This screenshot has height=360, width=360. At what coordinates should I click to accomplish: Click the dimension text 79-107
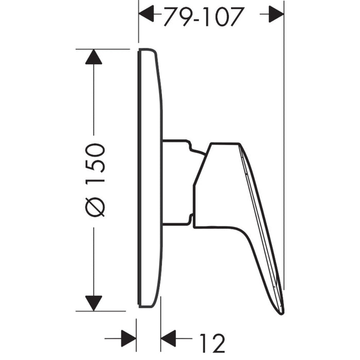pyautogui.click(x=203, y=16)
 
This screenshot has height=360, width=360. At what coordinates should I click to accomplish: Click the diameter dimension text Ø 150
pyautogui.click(x=95, y=180)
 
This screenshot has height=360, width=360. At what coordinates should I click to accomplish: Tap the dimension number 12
pyautogui.click(x=212, y=343)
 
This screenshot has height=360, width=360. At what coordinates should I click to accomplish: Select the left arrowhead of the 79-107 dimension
pyautogui.click(x=147, y=14)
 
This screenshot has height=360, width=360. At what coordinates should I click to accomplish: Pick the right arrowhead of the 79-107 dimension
pyautogui.click(x=276, y=14)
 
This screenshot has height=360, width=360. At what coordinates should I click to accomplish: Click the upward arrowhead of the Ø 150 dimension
pyautogui.click(x=94, y=57)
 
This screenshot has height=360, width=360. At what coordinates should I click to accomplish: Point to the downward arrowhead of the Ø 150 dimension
pyautogui.click(x=94, y=303)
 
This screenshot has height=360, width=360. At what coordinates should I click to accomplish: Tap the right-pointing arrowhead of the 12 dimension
pyautogui.click(x=129, y=338)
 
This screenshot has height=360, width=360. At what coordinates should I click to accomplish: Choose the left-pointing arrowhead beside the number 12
pyautogui.click(x=168, y=338)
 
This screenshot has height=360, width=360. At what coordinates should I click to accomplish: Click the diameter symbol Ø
pyautogui.click(x=95, y=207)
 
